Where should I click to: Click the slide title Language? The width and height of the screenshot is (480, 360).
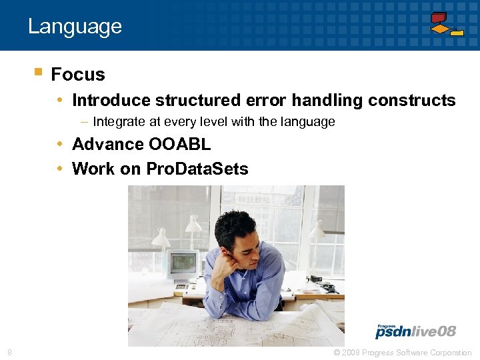coord(75,26)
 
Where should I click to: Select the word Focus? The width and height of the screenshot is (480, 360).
coord(77,74)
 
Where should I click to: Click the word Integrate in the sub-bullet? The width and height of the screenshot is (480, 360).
coord(119,122)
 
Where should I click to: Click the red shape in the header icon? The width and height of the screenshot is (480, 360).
coord(438,17)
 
